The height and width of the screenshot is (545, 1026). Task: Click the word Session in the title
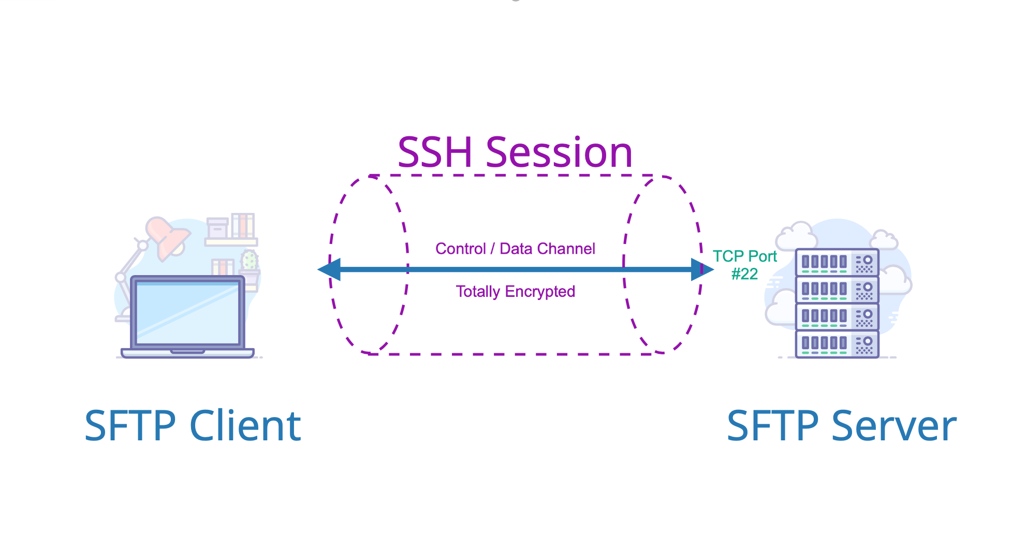click(559, 152)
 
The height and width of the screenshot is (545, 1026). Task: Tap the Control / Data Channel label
click(515, 249)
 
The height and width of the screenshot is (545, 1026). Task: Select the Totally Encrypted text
click(515, 292)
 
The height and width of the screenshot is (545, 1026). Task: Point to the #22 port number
click(744, 274)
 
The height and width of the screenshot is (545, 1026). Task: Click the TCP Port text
click(744, 256)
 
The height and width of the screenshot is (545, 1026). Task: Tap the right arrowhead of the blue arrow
click(702, 269)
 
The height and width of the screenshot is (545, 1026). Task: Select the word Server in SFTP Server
click(894, 426)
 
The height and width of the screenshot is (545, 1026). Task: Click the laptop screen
click(187, 313)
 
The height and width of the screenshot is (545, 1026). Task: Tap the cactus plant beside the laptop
click(250, 261)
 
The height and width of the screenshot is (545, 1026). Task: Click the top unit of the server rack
click(837, 262)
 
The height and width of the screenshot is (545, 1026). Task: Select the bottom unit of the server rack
click(837, 343)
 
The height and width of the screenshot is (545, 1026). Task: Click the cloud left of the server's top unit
click(796, 237)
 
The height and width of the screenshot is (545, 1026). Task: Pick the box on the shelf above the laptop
click(217, 228)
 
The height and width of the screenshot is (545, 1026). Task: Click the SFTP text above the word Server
click(772, 426)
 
